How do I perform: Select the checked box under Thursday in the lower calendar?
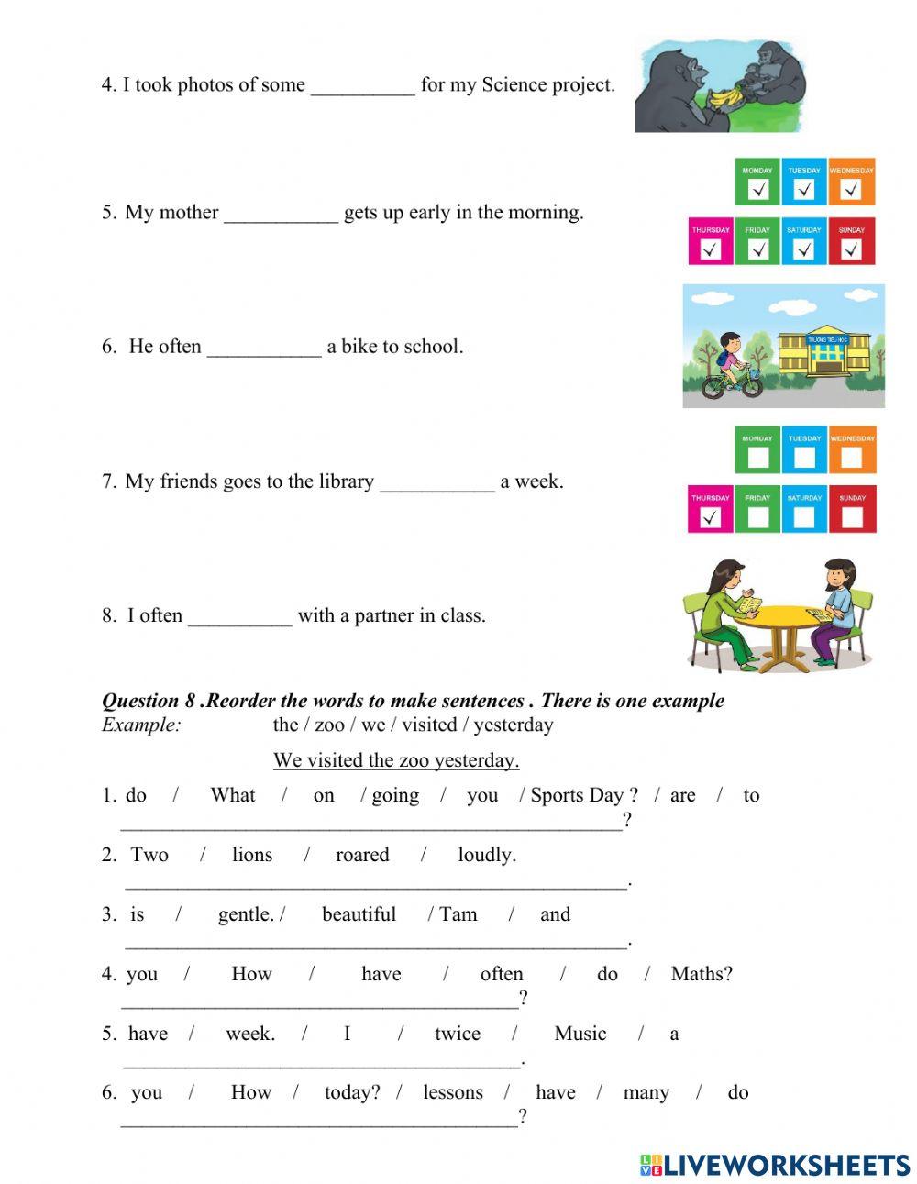click(x=711, y=517)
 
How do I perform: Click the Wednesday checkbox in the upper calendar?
click(x=851, y=190)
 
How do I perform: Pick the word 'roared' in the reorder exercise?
click(x=362, y=855)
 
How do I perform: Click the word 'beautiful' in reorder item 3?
click(x=359, y=914)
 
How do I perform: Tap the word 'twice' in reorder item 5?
click(x=457, y=1034)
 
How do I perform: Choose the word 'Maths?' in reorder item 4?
click(x=702, y=974)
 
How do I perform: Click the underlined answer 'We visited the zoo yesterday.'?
click(x=396, y=760)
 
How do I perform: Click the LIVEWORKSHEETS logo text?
click(x=786, y=1165)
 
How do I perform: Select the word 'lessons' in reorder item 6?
click(x=452, y=1092)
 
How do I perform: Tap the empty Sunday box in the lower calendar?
click(x=852, y=517)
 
